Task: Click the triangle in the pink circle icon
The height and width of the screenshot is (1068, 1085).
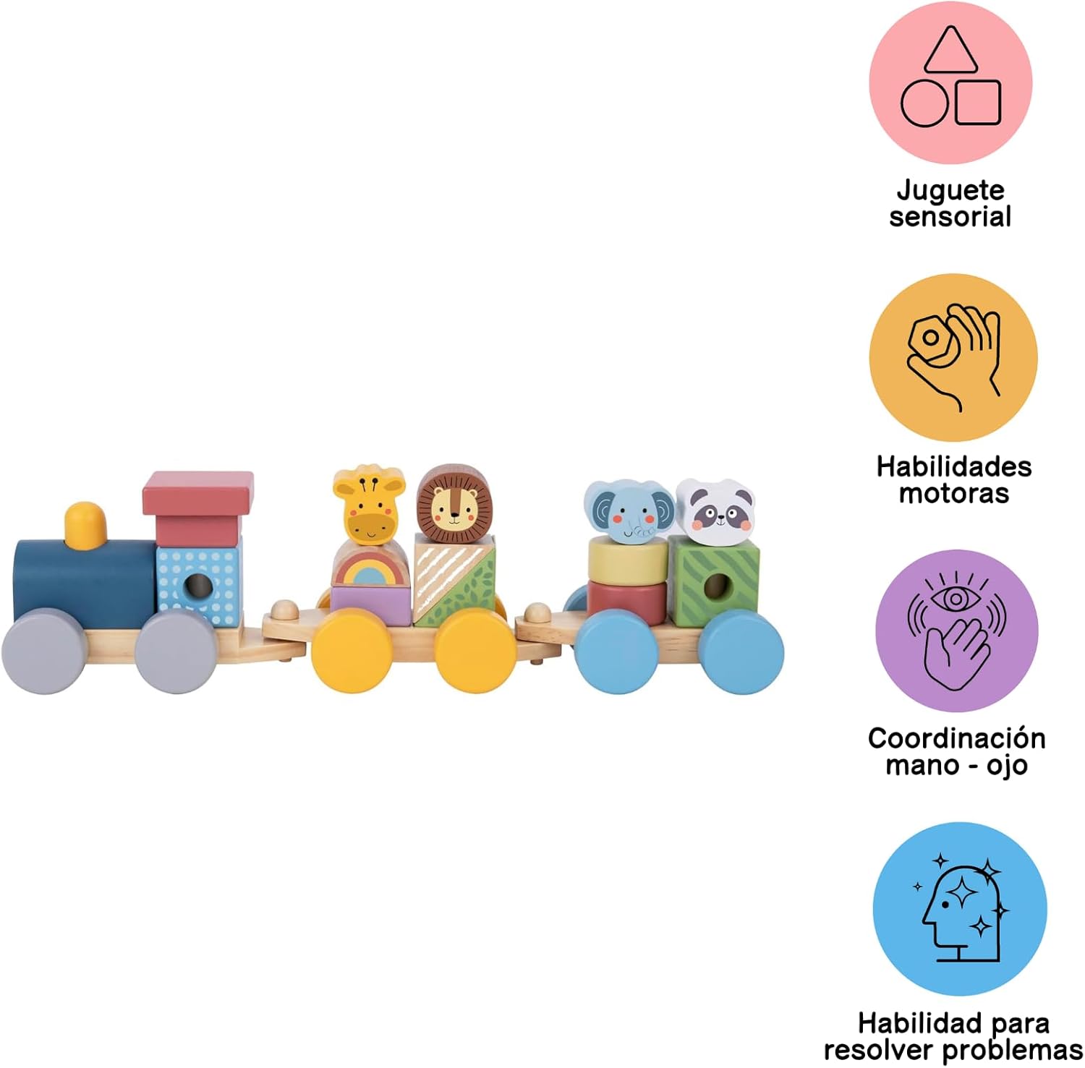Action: tap(950, 51)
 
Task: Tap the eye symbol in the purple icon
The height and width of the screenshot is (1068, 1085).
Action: tap(956, 598)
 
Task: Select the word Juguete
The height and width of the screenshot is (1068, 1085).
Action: tap(950, 190)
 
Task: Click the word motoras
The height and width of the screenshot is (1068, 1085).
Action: tap(953, 493)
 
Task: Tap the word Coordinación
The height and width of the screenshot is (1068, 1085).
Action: tap(956, 738)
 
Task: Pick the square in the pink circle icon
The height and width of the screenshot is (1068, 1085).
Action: tap(978, 102)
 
